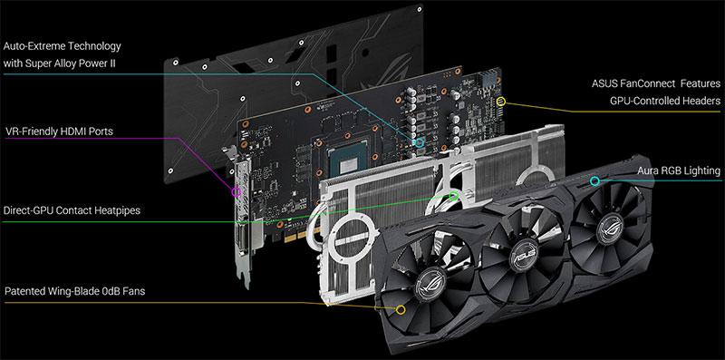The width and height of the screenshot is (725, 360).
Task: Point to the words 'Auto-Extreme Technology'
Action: [63, 45]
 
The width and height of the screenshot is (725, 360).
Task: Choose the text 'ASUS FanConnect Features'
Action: [651, 83]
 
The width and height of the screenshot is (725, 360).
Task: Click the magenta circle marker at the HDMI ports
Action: [237, 192]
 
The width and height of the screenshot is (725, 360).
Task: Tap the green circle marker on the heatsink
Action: [454, 195]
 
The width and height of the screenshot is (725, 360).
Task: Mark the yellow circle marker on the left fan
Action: [400, 309]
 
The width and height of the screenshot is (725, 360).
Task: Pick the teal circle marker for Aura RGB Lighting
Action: [594, 181]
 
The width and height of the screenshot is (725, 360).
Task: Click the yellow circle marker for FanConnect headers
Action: [502, 102]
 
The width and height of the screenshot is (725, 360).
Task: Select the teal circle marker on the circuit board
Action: [419, 142]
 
